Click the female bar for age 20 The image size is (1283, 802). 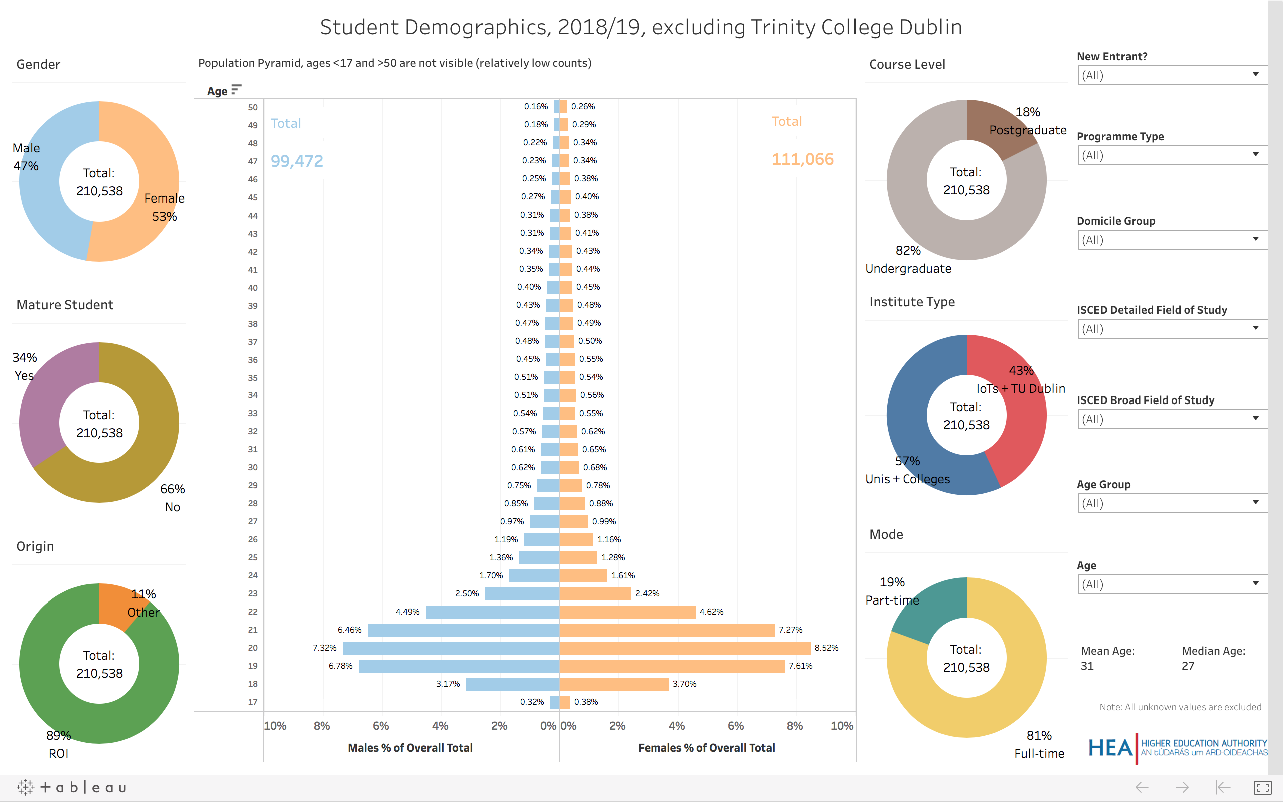point(684,648)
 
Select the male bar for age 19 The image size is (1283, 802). point(459,666)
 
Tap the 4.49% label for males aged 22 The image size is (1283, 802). point(407,612)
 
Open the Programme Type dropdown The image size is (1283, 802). point(1172,155)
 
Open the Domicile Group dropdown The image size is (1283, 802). point(1172,239)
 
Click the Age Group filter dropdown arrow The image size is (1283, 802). point(1255,502)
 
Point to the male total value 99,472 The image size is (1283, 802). point(296,161)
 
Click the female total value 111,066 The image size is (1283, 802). point(802,159)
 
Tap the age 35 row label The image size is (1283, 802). point(253,377)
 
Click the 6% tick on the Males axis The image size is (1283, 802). point(381,726)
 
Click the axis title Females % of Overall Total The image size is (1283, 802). point(706,748)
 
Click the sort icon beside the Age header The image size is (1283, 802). point(237,89)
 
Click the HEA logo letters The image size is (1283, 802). point(1110,748)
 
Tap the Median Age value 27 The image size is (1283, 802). point(1188,666)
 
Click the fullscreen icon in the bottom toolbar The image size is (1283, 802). point(1262,787)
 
